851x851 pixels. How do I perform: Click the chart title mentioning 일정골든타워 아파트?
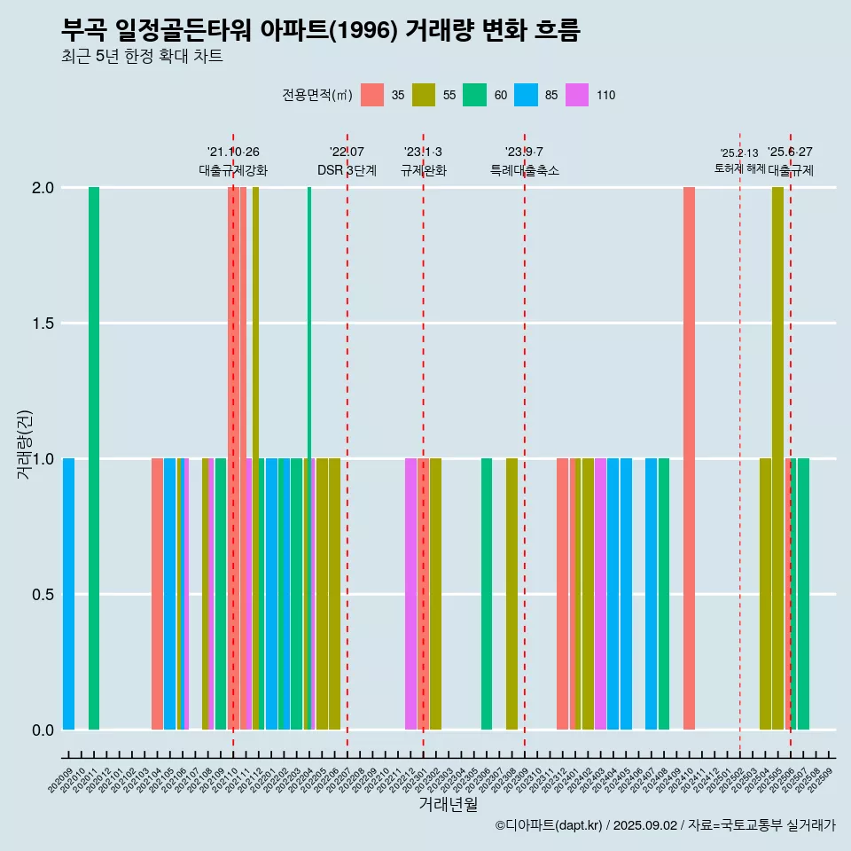320,31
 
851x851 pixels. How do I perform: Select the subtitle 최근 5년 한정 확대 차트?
142,58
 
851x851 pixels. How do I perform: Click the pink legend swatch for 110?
577,95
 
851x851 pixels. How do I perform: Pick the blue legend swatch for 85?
526,95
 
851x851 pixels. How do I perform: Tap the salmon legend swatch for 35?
372,95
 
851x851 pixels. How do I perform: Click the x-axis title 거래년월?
448,804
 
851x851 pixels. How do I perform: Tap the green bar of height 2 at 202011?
94,457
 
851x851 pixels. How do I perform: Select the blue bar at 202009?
68,594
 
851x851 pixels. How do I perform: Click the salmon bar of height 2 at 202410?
689,457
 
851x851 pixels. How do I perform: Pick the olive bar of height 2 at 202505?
777,457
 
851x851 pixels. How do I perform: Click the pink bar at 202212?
410,594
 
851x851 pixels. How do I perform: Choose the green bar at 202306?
487,594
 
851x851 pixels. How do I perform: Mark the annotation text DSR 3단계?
347,170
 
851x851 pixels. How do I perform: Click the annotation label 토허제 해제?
739,168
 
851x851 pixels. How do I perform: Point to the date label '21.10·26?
233,152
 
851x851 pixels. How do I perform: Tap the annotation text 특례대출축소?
525,170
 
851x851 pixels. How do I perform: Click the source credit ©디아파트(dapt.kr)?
550,825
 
